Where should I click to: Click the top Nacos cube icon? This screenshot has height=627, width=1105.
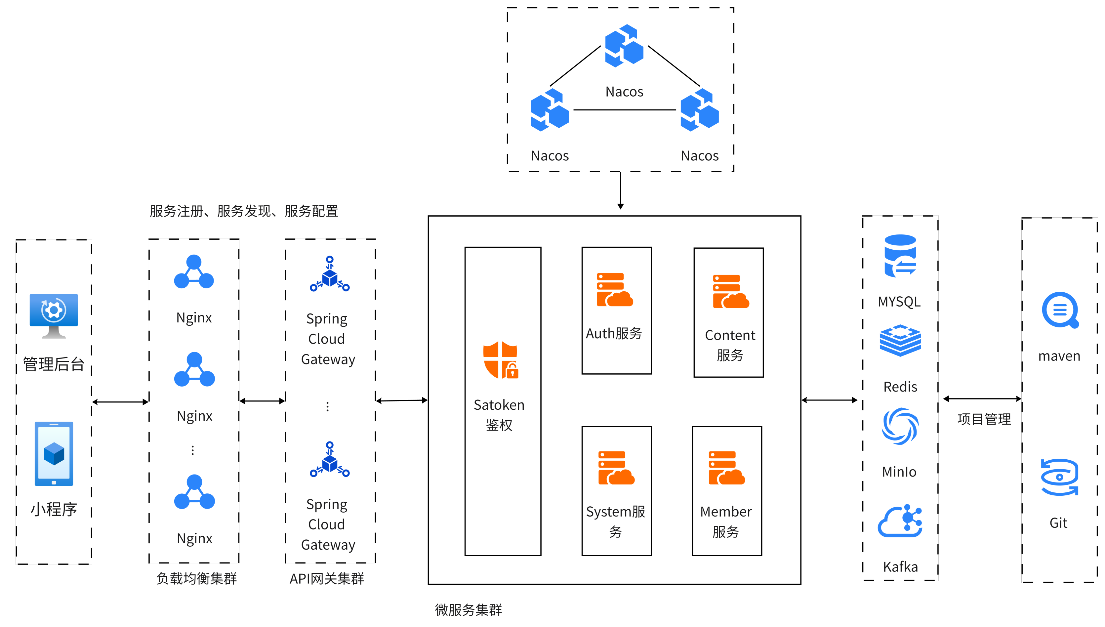[624, 46]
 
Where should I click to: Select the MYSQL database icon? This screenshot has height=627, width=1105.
[900, 255]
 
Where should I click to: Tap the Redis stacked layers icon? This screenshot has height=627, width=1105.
[900, 341]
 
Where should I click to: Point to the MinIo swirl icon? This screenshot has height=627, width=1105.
[900, 426]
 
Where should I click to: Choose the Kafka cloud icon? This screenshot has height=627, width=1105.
[900, 522]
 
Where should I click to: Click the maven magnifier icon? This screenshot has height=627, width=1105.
[1060, 310]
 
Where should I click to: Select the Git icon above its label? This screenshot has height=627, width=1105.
[1059, 477]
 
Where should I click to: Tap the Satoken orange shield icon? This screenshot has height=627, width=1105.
[501, 359]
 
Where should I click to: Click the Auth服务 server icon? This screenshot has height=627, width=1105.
[615, 290]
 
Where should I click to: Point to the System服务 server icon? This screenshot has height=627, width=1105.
[616, 468]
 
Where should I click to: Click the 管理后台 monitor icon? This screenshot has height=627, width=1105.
[54, 316]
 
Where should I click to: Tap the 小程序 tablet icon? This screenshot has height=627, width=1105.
[54, 453]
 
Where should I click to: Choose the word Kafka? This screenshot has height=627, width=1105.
[900, 567]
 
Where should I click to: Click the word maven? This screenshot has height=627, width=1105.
[1059, 356]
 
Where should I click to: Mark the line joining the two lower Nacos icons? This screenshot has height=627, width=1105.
[625, 110]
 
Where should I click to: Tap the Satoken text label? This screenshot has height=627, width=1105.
[499, 405]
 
